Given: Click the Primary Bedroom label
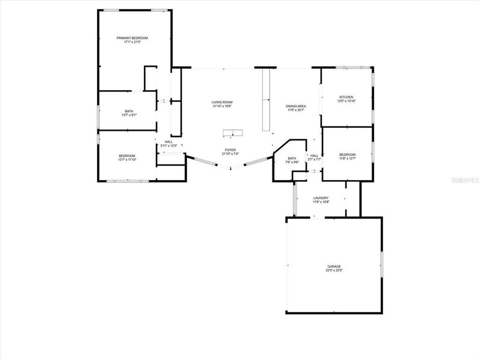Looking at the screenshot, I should pyautogui.click(x=132, y=38).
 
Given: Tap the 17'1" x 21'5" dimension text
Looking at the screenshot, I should pyautogui.click(x=132, y=42).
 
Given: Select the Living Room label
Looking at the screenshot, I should pyautogui.click(x=222, y=102).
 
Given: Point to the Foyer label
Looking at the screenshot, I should pyautogui.click(x=230, y=150).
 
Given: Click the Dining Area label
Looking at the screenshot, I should pyautogui.click(x=296, y=106).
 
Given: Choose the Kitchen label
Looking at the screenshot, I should pyautogui.click(x=346, y=97).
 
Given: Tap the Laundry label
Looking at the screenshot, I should pyautogui.click(x=320, y=198).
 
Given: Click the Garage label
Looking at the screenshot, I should pyautogui.click(x=334, y=266).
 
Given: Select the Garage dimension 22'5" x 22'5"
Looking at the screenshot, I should pyautogui.click(x=334, y=270).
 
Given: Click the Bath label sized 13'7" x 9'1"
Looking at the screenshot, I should pyautogui.click(x=129, y=111).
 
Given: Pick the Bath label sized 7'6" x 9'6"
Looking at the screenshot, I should pyautogui.click(x=292, y=158).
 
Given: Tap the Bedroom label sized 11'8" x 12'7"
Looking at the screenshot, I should pyautogui.click(x=347, y=154).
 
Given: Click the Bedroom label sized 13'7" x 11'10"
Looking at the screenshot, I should pyautogui.click(x=127, y=155).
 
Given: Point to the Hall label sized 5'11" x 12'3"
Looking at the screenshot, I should pyautogui.click(x=168, y=142).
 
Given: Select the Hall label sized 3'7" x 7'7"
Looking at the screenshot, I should pyautogui.click(x=314, y=155).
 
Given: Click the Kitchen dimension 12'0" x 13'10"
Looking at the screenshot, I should pyautogui.click(x=346, y=101).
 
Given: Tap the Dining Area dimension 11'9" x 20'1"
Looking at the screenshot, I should pyautogui.click(x=296, y=110).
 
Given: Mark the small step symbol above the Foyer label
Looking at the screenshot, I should pyautogui.click(x=232, y=132).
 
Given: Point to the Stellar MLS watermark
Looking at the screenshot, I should pyautogui.click(x=464, y=178).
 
